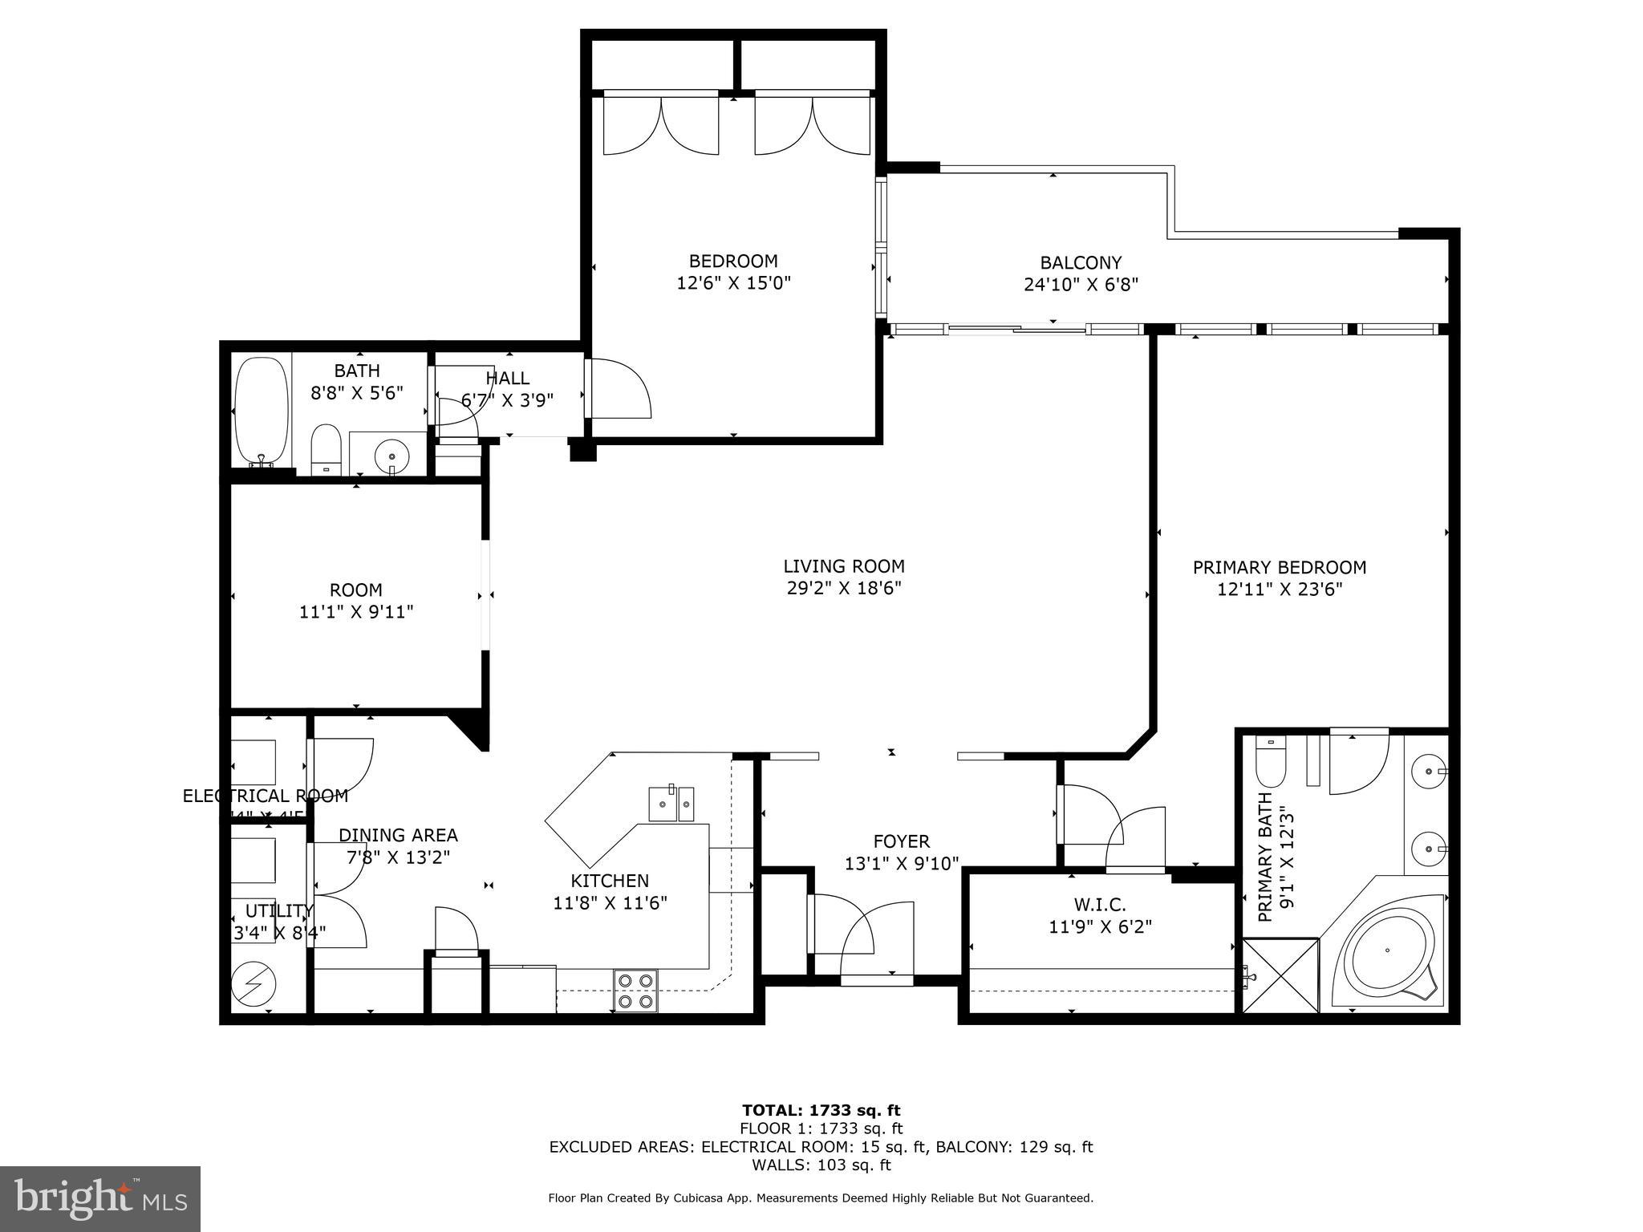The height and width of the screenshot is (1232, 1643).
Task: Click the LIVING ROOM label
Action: pyautogui.click(x=844, y=566)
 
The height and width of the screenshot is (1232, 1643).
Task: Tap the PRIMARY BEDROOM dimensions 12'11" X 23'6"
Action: pyautogui.click(x=1279, y=590)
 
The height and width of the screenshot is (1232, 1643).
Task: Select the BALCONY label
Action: pyautogui.click(x=1080, y=262)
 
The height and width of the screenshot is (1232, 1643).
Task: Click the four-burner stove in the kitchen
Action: pyautogui.click(x=635, y=990)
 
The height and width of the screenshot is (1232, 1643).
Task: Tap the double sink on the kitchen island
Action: pyautogui.click(x=671, y=804)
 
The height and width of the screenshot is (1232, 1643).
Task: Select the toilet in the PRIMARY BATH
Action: pyautogui.click(x=1271, y=763)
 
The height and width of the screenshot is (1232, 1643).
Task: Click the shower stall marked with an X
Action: pyautogui.click(x=1280, y=975)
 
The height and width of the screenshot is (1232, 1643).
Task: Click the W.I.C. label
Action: pyautogui.click(x=1100, y=905)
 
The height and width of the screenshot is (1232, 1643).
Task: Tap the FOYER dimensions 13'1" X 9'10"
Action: pyautogui.click(x=901, y=864)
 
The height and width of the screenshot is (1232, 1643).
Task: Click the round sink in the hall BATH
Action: pyautogui.click(x=391, y=455)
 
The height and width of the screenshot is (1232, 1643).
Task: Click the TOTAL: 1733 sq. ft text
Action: pyautogui.click(x=821, y=1110)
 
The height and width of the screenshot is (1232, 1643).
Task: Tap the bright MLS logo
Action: pyautogui.click(x=100, y=1198)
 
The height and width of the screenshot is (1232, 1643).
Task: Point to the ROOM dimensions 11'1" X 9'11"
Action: pyautogui.click(x=356, y=612)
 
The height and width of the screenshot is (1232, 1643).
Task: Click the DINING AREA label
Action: pyautogui.click(x=398, y=835)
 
